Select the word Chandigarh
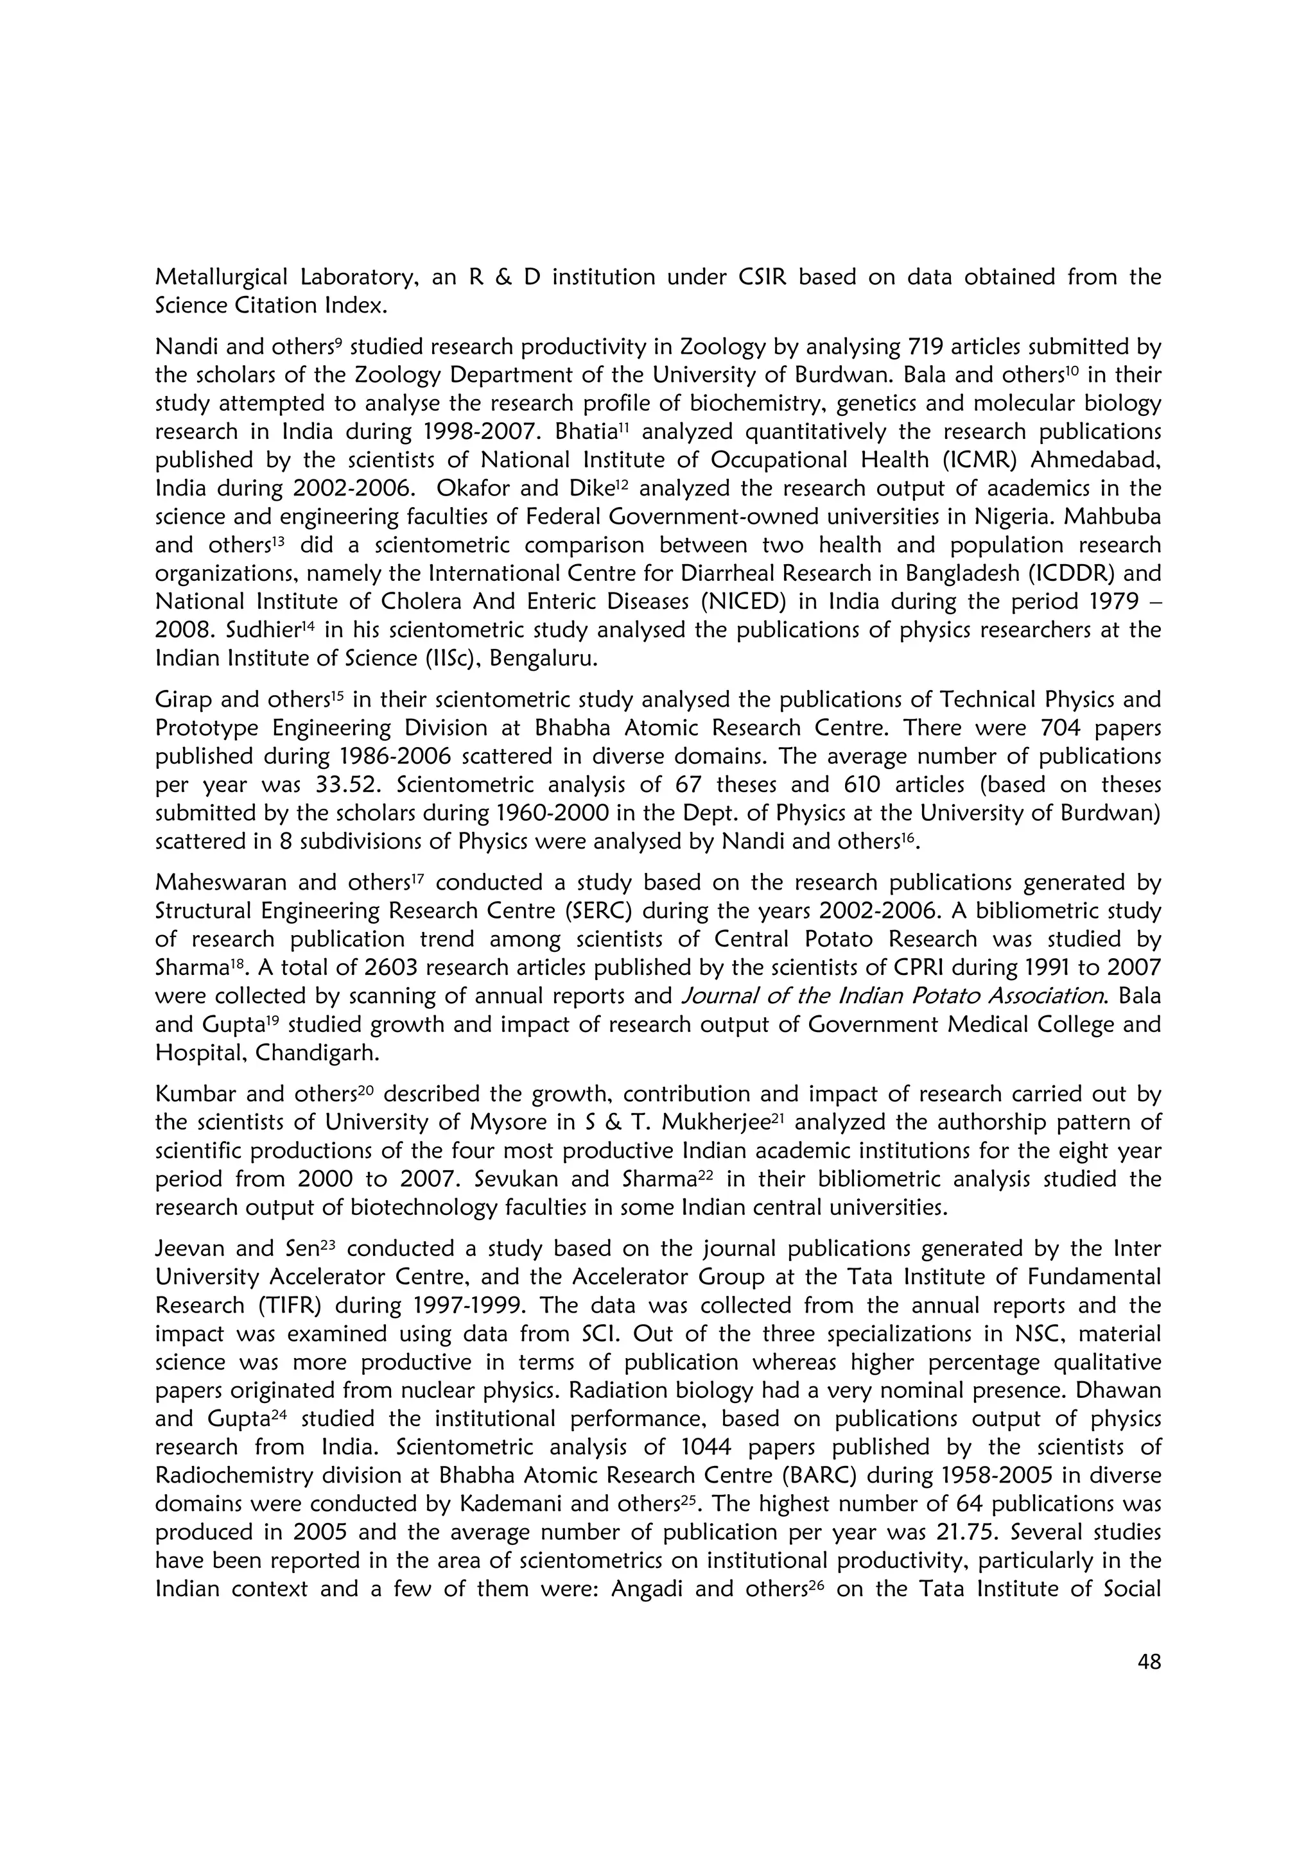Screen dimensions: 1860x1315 (317, 1053)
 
